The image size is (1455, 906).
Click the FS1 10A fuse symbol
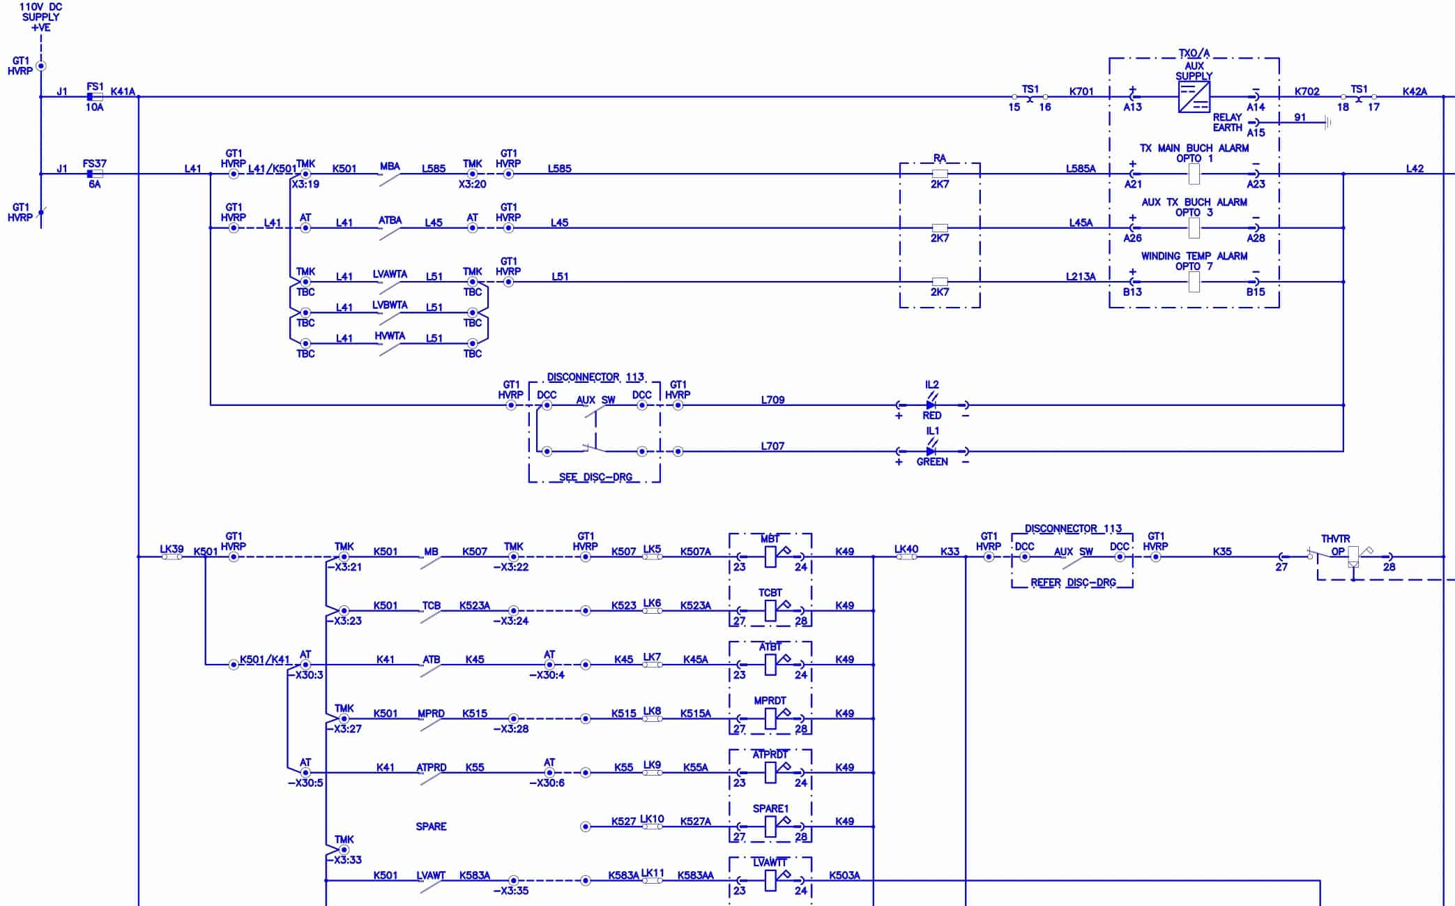pos(95,97)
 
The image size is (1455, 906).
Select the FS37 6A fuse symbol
pos(95,174)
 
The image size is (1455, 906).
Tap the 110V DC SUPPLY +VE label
pos(41,17)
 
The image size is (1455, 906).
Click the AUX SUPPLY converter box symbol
pos(1194,97)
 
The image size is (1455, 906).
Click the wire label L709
pos(772,400)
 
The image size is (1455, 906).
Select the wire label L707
pos(772,446)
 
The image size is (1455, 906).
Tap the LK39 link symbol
pos(172,557)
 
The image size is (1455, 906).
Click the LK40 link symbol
pos(906,557)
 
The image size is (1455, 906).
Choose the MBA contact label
pos(390,166)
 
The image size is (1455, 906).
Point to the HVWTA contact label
pos(390,335)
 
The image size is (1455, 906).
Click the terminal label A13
pos(1132,107)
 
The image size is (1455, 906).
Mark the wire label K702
pos(1307,91)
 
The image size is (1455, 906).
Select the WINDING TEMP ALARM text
pos(1194,256)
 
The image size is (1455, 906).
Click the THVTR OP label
pos(1336,545)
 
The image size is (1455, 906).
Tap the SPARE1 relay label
pos(770,808)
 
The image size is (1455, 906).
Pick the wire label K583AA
pos(695,875)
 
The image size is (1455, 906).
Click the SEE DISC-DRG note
pos(595,477)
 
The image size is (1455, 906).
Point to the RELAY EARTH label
pos(1227,123)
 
